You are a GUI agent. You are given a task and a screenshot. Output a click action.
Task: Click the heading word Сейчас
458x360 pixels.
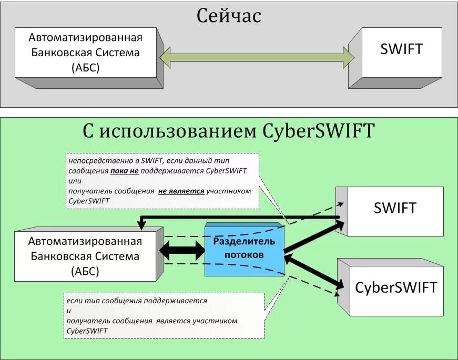coord(229,16)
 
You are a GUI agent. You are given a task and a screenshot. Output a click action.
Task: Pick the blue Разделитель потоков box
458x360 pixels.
coord(243,248)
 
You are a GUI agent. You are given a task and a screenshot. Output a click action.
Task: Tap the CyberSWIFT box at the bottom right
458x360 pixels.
coord(396,287)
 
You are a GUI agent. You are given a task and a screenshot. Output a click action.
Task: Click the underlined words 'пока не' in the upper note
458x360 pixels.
coord(124,171)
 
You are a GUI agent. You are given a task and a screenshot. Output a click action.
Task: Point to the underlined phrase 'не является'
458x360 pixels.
coord(181,191)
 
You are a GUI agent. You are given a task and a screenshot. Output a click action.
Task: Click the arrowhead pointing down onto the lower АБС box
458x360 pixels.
coord(141,225)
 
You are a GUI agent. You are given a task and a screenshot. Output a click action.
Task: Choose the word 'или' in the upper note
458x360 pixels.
coord(75,181)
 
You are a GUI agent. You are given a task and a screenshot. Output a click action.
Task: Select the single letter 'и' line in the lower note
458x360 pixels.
coord(69,311)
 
